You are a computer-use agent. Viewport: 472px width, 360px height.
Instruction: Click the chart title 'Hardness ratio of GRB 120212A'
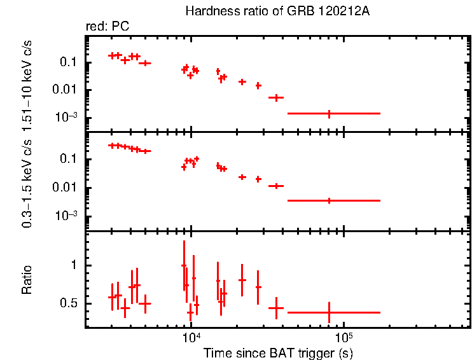pos(277,11)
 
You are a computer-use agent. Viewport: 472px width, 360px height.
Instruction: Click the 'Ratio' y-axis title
pos(28,280)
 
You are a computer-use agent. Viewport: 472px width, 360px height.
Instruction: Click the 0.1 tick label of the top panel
pos(69,62)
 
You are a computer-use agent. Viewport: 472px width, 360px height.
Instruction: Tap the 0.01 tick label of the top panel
pos(66,90)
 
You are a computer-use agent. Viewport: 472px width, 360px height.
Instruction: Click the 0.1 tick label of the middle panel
pos(69,159)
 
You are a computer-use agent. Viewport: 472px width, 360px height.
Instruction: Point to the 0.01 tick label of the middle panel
pos(66,188)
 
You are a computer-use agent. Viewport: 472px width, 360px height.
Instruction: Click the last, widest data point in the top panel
pos(329,113)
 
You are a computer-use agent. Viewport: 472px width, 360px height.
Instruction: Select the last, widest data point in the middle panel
pos(329,200)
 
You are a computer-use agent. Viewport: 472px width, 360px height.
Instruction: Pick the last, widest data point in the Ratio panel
pos(329,312)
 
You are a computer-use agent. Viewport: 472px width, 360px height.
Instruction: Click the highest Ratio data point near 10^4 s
pos(184,265)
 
